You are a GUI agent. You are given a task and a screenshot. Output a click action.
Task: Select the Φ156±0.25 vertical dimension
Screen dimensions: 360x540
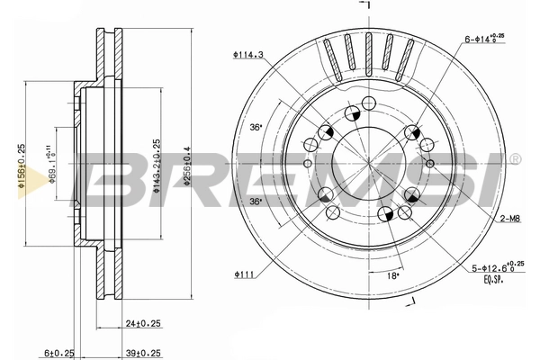[x=21, y=163]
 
